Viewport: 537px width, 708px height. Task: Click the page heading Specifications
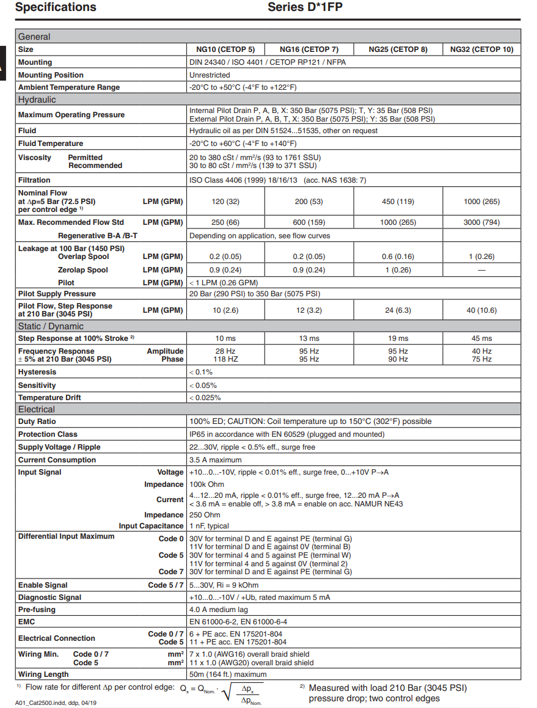click(x=56, y=7)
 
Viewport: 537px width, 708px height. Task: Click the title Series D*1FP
click(x=309, y=7)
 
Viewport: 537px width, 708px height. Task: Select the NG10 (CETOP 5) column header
click(x=225, y=49)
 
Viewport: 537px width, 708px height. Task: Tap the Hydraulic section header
click(x=37, y=100)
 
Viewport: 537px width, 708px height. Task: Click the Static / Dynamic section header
click(x=51, y=326)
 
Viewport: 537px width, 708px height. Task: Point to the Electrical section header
click(x=36, y=409)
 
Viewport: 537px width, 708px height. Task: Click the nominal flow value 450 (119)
click(x=398, y=202)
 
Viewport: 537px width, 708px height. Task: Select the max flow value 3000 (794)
click(x=481, y=222)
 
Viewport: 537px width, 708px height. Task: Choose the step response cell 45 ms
click(x=481, y=338)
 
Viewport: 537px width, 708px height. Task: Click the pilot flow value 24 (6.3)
click(x=398, y=310)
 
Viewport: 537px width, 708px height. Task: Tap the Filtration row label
click(x=34, y=180)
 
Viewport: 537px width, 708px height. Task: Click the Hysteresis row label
click(x=37, y=372)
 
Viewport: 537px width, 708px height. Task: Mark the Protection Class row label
click(x=48, y=434)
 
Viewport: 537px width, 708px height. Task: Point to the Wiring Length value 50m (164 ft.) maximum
click(x=228, y=674)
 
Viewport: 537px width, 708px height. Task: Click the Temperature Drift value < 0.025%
click(x=205, y=398)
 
